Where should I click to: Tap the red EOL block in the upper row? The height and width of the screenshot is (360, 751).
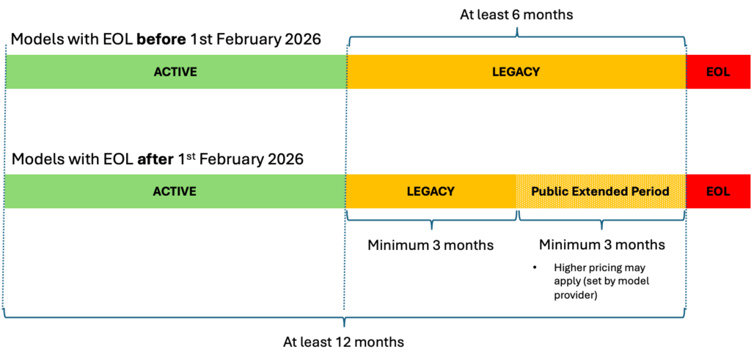pos(718,72)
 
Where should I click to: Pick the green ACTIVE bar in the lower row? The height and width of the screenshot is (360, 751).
pos(88,191)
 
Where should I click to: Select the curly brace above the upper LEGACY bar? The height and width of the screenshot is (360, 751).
pos(517,34)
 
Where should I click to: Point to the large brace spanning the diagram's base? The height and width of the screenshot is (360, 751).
pos(343,317)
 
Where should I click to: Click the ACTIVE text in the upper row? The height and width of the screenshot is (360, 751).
pos(175,72)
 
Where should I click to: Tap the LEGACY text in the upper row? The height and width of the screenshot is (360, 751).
pos(516,72)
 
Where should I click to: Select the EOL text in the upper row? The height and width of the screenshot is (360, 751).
pos(718,72)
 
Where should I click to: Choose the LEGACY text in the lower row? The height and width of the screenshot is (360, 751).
pos(431,191)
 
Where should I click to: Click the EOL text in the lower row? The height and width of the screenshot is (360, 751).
pos(718,191)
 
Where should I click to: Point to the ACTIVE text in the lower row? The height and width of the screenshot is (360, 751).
pos(175,191)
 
